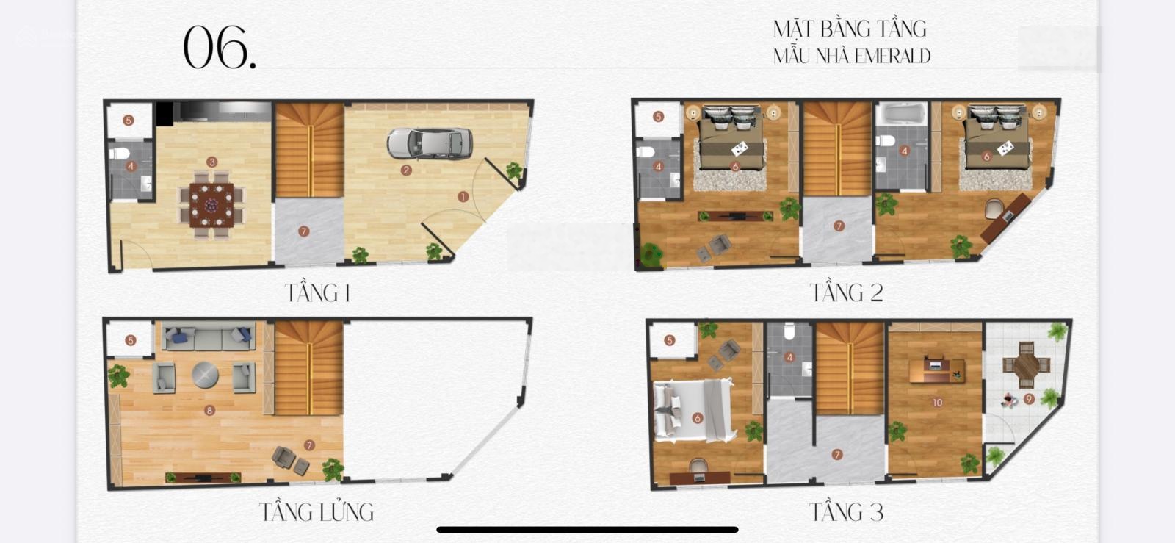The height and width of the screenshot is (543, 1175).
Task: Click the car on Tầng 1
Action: tap(430, 143)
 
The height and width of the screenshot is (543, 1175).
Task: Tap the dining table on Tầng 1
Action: tap(212, 204)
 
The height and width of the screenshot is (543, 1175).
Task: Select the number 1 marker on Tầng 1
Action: tap(463, 197)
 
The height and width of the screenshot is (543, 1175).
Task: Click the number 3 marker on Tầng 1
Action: tap(212, 162)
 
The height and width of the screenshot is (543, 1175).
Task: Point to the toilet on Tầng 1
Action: tap(120, 153)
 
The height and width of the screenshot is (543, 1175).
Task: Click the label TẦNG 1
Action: tap(317, 292)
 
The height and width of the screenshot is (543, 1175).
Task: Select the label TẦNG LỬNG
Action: tap(317, 512)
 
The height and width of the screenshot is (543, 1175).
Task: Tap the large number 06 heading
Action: tap(220, 47)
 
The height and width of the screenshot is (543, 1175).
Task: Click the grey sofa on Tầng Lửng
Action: tap(209, 337)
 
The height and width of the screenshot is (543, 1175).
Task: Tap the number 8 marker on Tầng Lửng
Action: tap(209, 410)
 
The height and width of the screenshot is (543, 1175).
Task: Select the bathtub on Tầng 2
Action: tap(901, 114)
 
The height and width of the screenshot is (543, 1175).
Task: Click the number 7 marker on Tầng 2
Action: tap(839, 226)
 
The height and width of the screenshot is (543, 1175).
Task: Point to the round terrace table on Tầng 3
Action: tap(1027, 365)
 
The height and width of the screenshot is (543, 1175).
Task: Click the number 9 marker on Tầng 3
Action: tap(1029, 399)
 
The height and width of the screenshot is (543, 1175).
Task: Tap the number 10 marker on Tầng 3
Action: tap(937, 403)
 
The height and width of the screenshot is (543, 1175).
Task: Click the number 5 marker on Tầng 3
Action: tap(669, 340)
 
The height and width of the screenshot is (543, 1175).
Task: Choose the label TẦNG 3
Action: tap(847, 512)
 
